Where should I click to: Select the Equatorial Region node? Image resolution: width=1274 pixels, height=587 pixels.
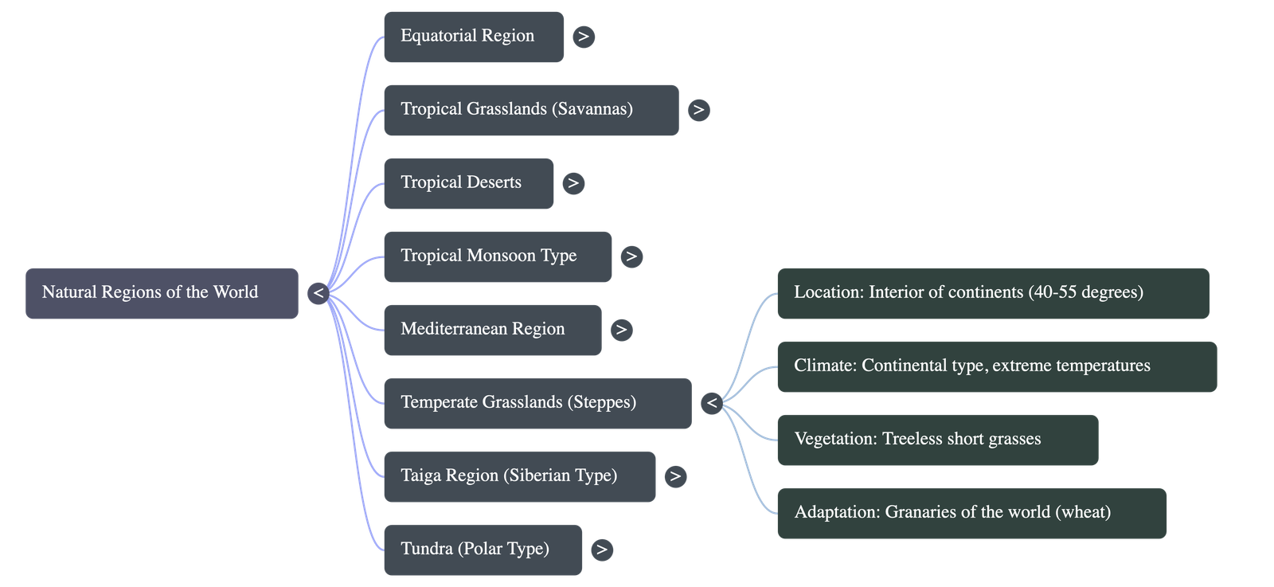(x=473, y=37)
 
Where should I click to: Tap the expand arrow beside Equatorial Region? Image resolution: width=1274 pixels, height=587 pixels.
(x=584, y=37)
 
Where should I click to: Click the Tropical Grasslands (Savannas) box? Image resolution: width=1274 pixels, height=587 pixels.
(x=530, y=110)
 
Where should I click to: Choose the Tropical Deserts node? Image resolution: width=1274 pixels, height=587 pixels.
(x=468, y=183)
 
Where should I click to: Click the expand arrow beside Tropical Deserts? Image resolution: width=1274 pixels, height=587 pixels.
(x=573, y=183)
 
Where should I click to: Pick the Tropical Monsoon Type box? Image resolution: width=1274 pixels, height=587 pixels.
(x=497, y=256)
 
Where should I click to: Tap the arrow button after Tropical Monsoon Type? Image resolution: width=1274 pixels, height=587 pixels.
(x=631, y=256)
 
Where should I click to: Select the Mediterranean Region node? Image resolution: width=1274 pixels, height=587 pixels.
(x=492, y=330)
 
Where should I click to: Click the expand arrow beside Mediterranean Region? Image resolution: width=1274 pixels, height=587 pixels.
(x=621, y=330)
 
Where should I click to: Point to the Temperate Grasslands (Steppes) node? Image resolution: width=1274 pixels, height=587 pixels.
(x=537, y=403)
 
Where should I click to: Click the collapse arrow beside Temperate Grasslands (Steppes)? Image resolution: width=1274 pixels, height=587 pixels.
(x=712, y=403)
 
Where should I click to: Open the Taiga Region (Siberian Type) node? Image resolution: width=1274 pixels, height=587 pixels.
(x=519, y=476)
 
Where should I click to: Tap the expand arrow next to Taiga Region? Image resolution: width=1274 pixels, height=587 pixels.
(x=675, y=476)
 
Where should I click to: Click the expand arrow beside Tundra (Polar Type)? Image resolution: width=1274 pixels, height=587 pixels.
(x=602, y=550)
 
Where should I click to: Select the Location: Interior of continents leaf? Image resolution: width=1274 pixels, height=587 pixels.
(x=992, y=293)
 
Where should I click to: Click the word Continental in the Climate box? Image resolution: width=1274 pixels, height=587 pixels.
(x=904, y=366)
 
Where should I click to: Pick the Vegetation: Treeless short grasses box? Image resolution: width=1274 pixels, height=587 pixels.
(x=937, y=440)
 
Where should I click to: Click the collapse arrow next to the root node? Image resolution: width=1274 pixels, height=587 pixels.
(x=318, y=293)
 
